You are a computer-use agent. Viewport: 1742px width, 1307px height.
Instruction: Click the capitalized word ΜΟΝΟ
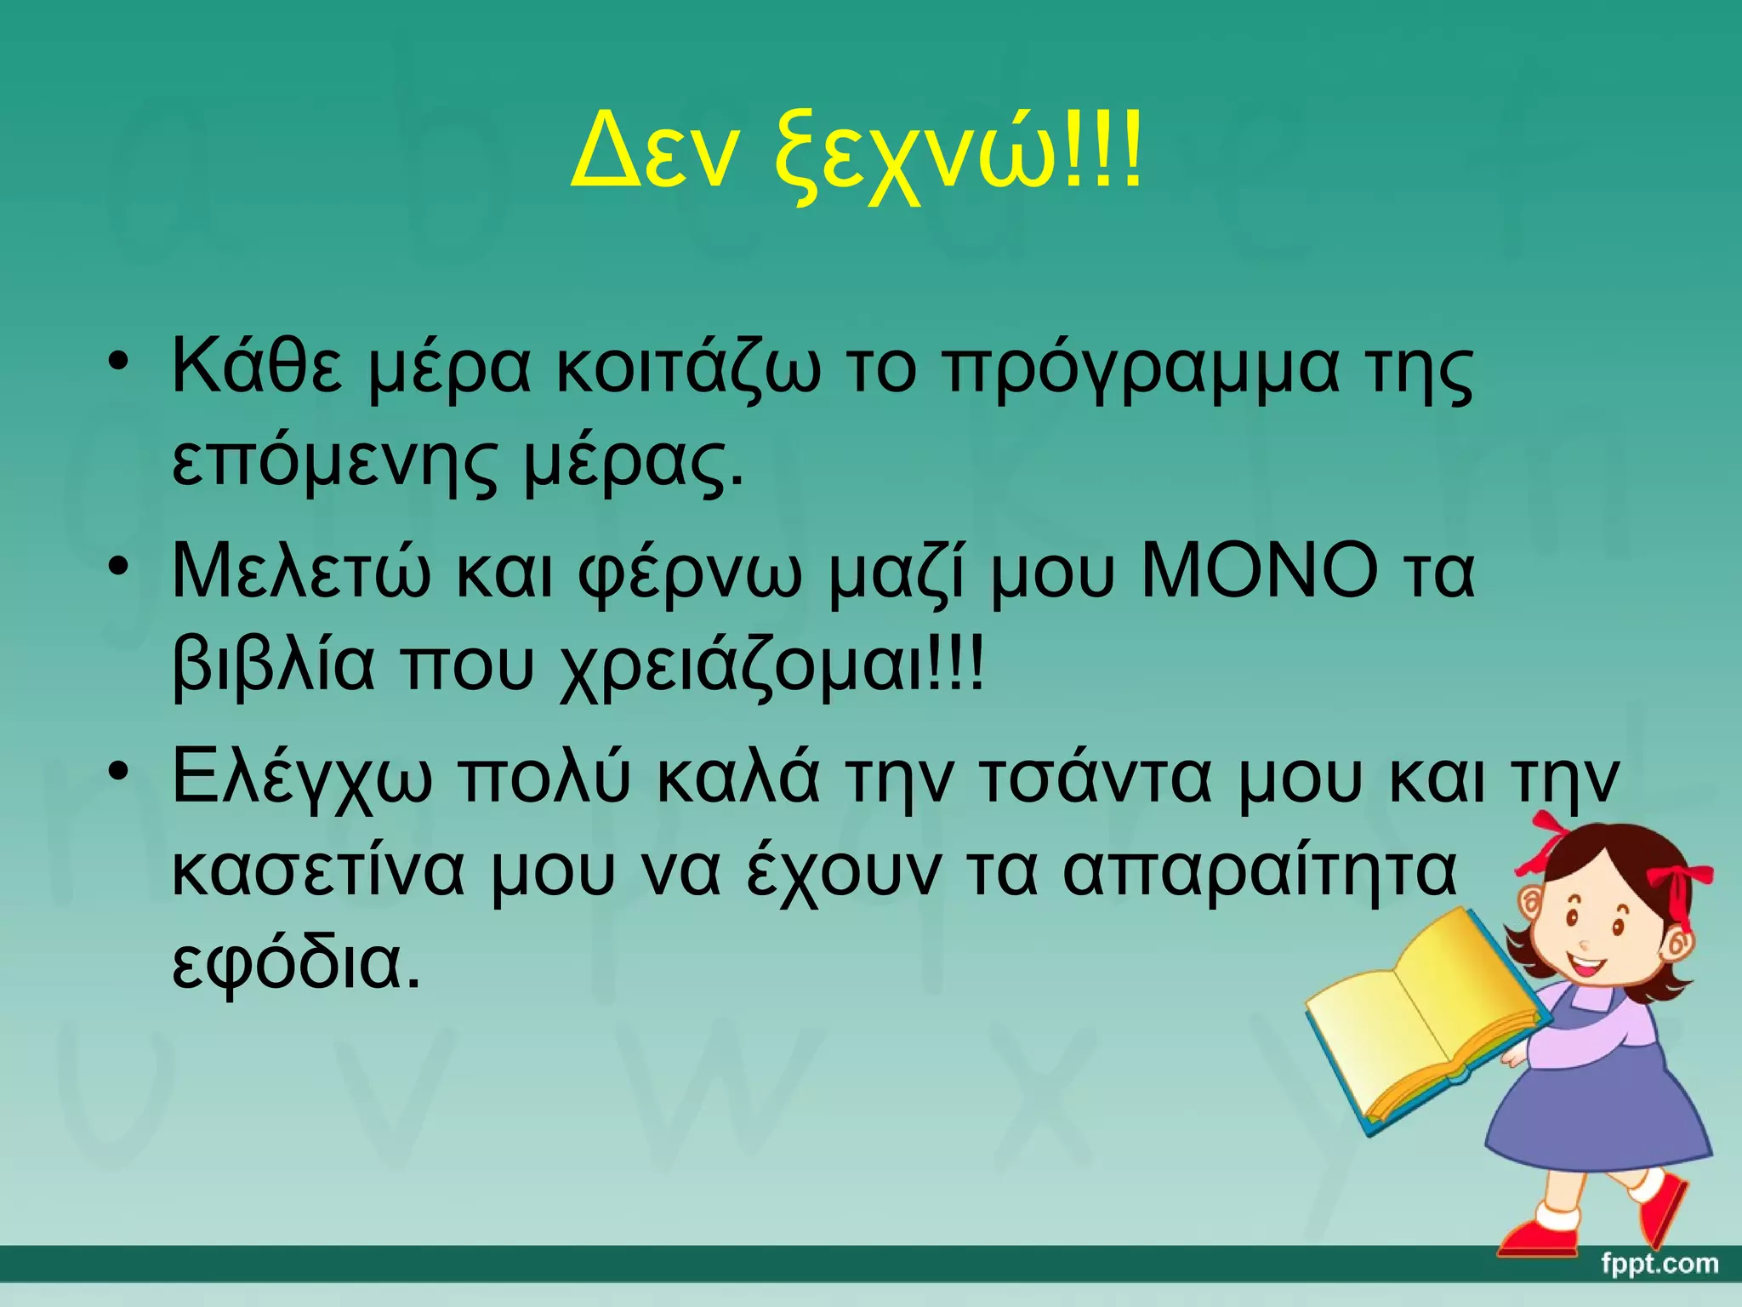point(1260,572)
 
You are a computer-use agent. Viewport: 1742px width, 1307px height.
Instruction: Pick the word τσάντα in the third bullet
point(1097,779)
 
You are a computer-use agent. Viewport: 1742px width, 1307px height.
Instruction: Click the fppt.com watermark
point(1659,1264)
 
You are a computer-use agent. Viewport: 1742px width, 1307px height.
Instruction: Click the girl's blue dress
point(1599,1106)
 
